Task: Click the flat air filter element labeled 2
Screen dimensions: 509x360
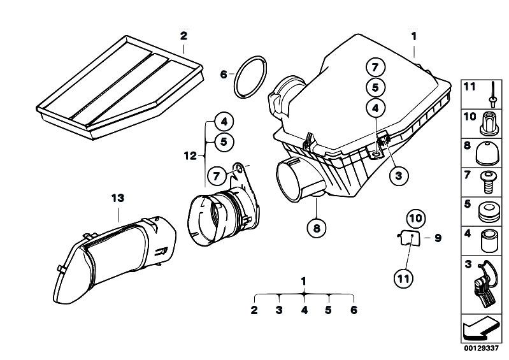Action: click(120, 88)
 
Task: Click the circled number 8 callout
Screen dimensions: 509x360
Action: click(317, 228)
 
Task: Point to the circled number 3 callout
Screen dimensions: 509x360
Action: click(398, 176)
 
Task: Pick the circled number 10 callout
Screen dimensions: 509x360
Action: click(416, 218)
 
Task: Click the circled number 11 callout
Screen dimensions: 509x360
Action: click(403, 278)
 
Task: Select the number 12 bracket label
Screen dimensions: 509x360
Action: click(190, 156)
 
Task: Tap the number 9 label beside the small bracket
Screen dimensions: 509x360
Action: click(438, 238)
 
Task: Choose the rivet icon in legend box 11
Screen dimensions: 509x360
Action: click(492, 94)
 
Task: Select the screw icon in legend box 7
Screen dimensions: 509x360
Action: click(488, 182)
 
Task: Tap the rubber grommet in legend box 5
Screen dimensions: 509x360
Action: click(489, 212)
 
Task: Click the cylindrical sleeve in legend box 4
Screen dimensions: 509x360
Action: click(489, 241)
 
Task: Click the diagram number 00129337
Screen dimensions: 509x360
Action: click(481, 349)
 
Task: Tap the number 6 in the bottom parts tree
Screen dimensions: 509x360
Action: click(354, 310)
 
